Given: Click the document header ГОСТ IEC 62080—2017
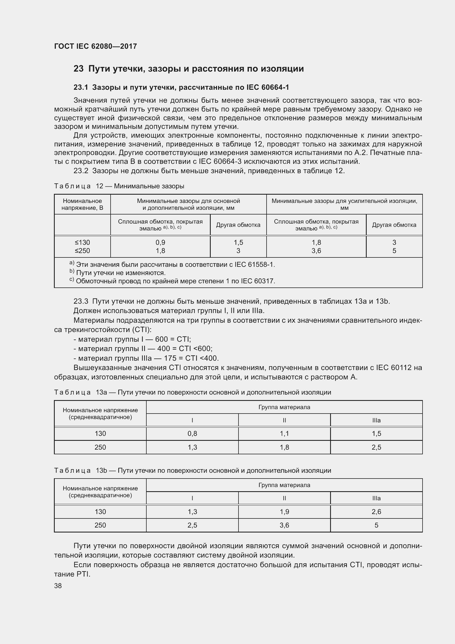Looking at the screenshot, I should (95, 46).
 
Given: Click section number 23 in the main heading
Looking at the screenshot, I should (78, 69).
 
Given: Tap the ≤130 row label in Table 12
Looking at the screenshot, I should (82, 242).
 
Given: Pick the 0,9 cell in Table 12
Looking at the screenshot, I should (160, 242).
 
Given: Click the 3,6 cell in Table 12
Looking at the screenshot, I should (316, 251).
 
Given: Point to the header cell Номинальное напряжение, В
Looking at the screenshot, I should (82, 204).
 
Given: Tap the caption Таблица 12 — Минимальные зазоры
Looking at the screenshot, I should (119, 186).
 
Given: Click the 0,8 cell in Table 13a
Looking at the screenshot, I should (192, 434).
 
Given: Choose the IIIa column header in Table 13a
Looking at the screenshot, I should (376, 420).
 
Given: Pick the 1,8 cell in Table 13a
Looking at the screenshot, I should (284, 447).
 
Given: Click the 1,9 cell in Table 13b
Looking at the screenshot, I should (284, 512).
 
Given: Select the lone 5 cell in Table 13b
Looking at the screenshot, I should (376, 525).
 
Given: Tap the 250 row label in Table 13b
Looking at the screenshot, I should (100, 525).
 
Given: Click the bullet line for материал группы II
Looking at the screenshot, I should (143, 349).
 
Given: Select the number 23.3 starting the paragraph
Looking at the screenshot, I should (81, 301).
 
